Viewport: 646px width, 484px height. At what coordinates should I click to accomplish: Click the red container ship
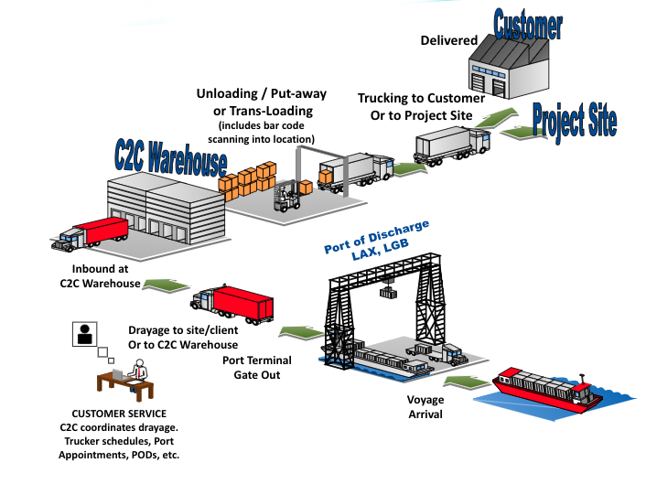click(544, 388)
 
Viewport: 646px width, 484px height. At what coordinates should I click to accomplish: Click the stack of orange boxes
click(247, 177)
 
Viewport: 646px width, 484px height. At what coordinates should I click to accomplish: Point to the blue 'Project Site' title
click(575, 119)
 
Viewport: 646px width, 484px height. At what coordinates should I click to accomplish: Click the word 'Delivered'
click(447, 40)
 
